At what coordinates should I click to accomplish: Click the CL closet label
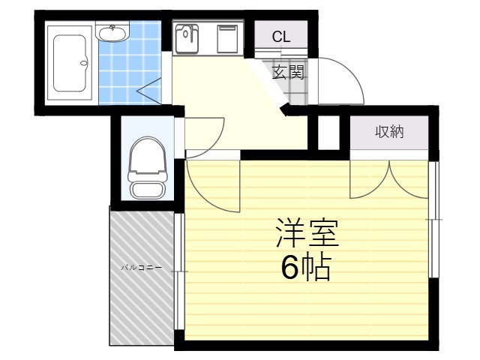tap(281, 37)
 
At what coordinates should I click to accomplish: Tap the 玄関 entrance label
tap(288, 73)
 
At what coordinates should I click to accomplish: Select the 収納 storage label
tap(389, 132)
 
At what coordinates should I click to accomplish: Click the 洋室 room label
tap(307, 232)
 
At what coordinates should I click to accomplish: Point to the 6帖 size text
tap(307, 268)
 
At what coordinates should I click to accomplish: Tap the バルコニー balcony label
tap(141, 268)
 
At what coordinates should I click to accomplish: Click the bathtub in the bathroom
tap(70, 63)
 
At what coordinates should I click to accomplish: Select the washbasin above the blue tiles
tap(112, 31)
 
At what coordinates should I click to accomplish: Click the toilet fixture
tap(148, 168)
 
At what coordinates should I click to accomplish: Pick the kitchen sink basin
tap(187, 38)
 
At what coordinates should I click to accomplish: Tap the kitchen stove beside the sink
tap(227, 39)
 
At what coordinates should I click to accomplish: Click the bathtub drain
tap(83, 63)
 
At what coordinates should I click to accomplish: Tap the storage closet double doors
tap(388, 180)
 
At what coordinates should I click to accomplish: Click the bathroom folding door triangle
tap(148, 91)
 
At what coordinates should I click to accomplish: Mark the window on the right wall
tap(433, 220)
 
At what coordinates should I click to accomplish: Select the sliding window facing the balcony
tap(179, 271)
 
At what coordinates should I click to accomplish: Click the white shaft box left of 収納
tap(328, 133)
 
